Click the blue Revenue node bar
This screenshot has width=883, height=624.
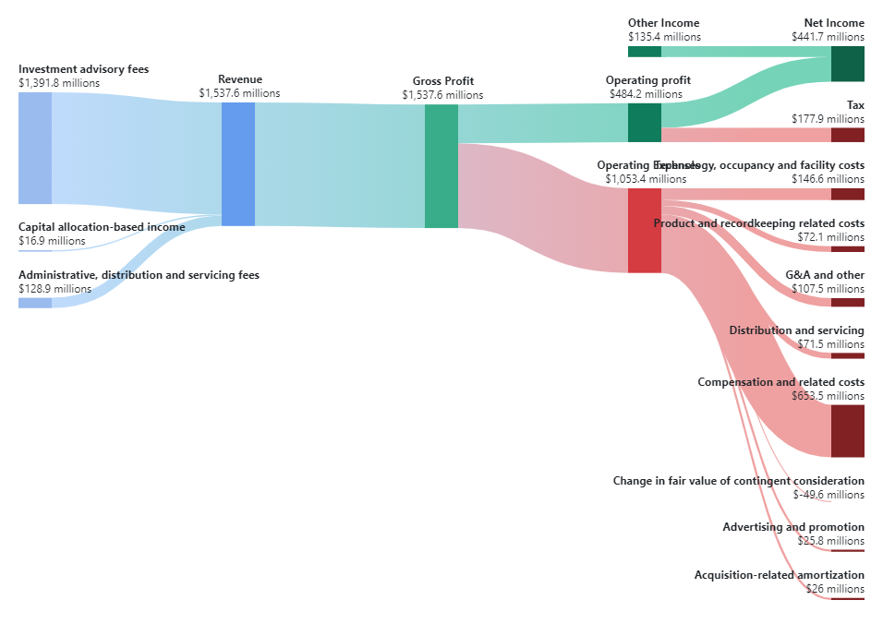pyautogui.click(x=237, y=164)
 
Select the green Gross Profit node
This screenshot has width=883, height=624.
pyautogui.click(x=441, y=166)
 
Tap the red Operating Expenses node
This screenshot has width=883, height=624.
pyautogui.click(x=644, y=231)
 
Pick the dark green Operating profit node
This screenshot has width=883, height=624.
pyautogui.click(x=644, y=123)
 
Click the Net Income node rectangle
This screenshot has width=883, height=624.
pyautogui.click(x=847, y=64)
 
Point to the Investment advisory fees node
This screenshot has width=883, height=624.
pyautogui.click(x=35, y=148)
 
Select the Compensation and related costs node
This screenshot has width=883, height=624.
pyautogui.click(x=847, y=431)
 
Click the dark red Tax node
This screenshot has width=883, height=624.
pyautogui.click(x=847, y=135)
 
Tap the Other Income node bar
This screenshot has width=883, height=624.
pyautogui.click(x=644, y=51)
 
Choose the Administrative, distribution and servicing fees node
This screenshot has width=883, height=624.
pyautogui.click(x=35, y=302)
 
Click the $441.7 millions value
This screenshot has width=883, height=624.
pyautogui.click(x=828, y=37)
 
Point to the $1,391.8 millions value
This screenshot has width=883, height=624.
pyautogui.click(x=59, y=83)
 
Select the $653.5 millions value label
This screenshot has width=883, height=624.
pyautogui.click(x=828, y=396)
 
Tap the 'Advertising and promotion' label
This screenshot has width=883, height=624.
pyautogui.click(x=793, y=527)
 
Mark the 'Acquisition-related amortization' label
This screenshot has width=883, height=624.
pyautogui.click(x=779, y=575)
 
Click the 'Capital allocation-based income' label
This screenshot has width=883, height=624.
pyautogui.click(x=102, y=227)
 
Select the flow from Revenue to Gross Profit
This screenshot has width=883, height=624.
pyautogui.click(x=339, y=165)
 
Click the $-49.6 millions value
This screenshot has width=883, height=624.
pyautogui.click(x=829, y=495)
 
